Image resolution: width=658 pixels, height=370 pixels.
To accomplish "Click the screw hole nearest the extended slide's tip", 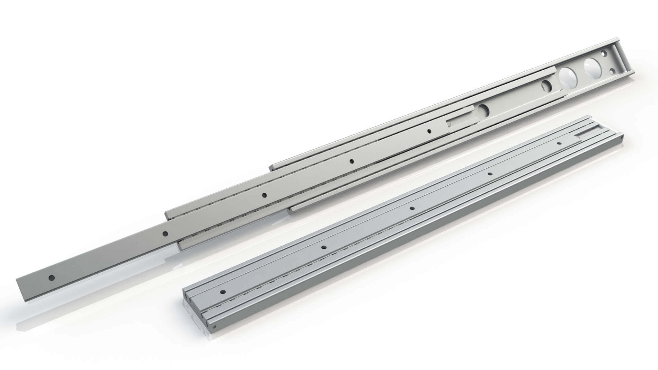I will click(51, 277).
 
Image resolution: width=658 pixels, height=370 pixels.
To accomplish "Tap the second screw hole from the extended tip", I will click(165, 233).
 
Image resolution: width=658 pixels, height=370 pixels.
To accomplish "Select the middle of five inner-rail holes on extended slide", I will click(264, 195).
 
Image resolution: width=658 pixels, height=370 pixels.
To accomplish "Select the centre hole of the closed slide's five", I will click(412, 208).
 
